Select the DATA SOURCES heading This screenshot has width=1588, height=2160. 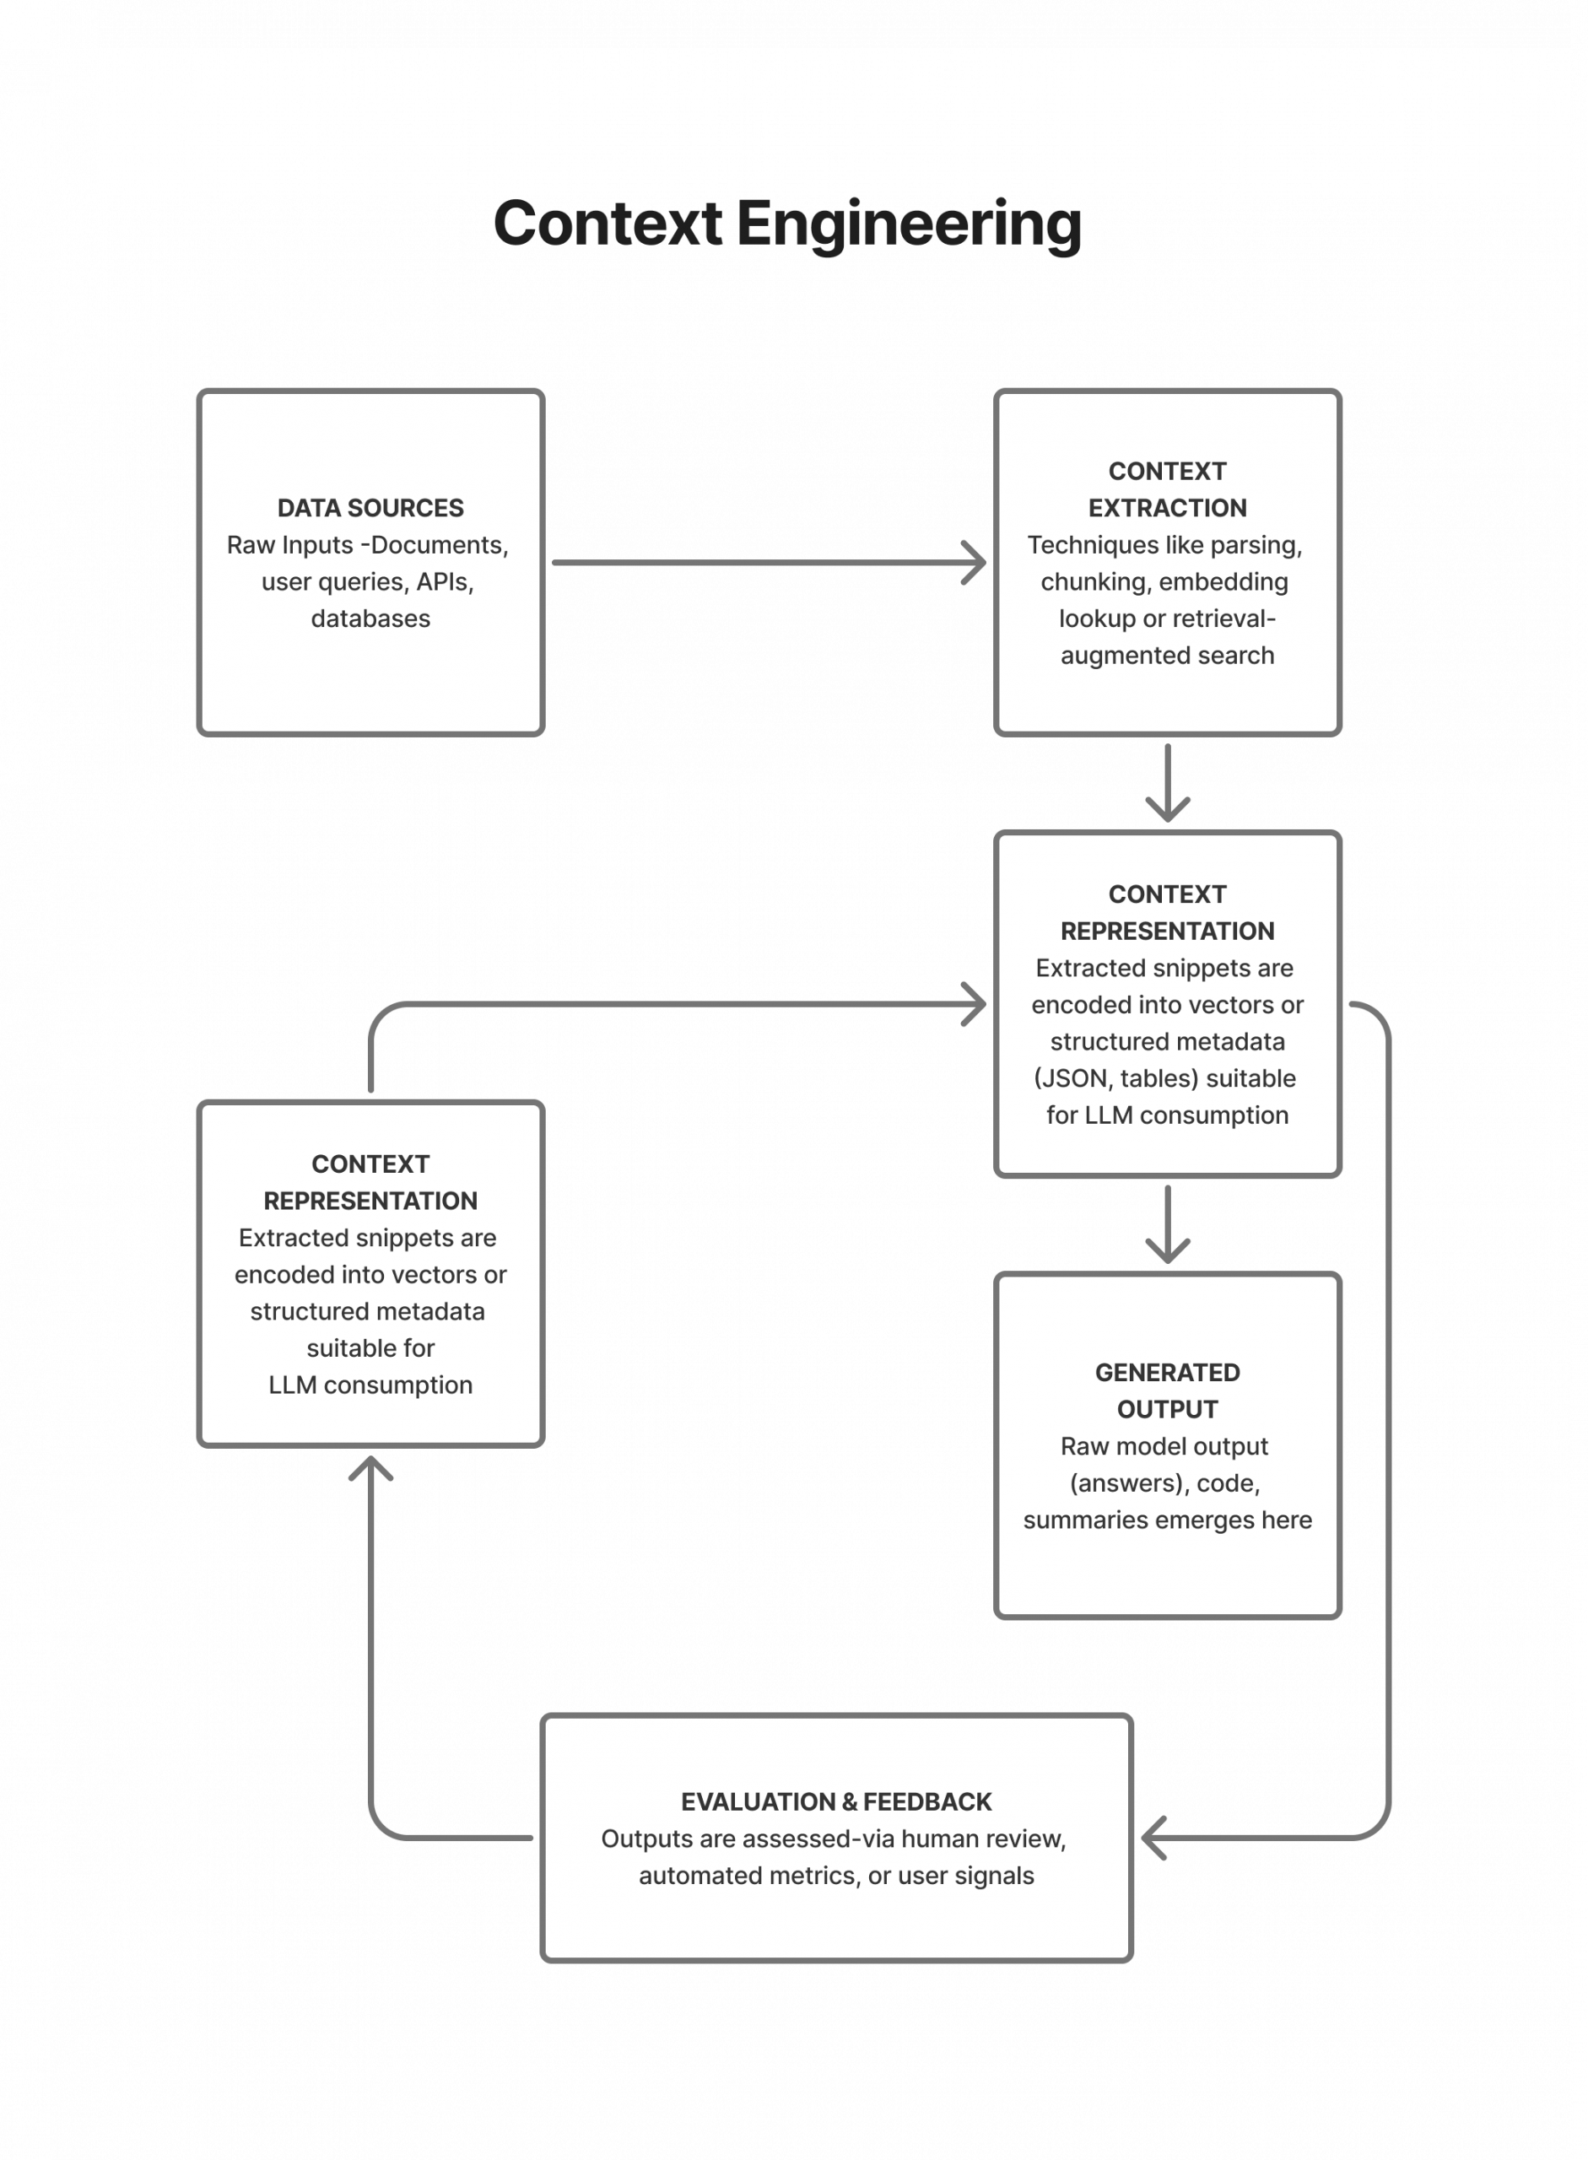[370, 508]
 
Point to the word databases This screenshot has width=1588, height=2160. [370, 618]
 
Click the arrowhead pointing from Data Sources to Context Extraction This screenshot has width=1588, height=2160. [973, 562]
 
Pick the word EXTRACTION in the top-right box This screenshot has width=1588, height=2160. [1167, 508]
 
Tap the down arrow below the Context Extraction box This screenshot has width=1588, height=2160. [1167, 782]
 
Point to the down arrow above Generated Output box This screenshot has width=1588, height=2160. [1167, 1223]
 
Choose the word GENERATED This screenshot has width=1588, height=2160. [1167, 1373]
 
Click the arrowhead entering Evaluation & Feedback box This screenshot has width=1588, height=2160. [1154, 1838]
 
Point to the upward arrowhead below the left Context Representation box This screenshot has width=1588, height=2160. [370, 1469]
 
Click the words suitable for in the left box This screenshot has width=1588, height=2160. [370, 1347]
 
